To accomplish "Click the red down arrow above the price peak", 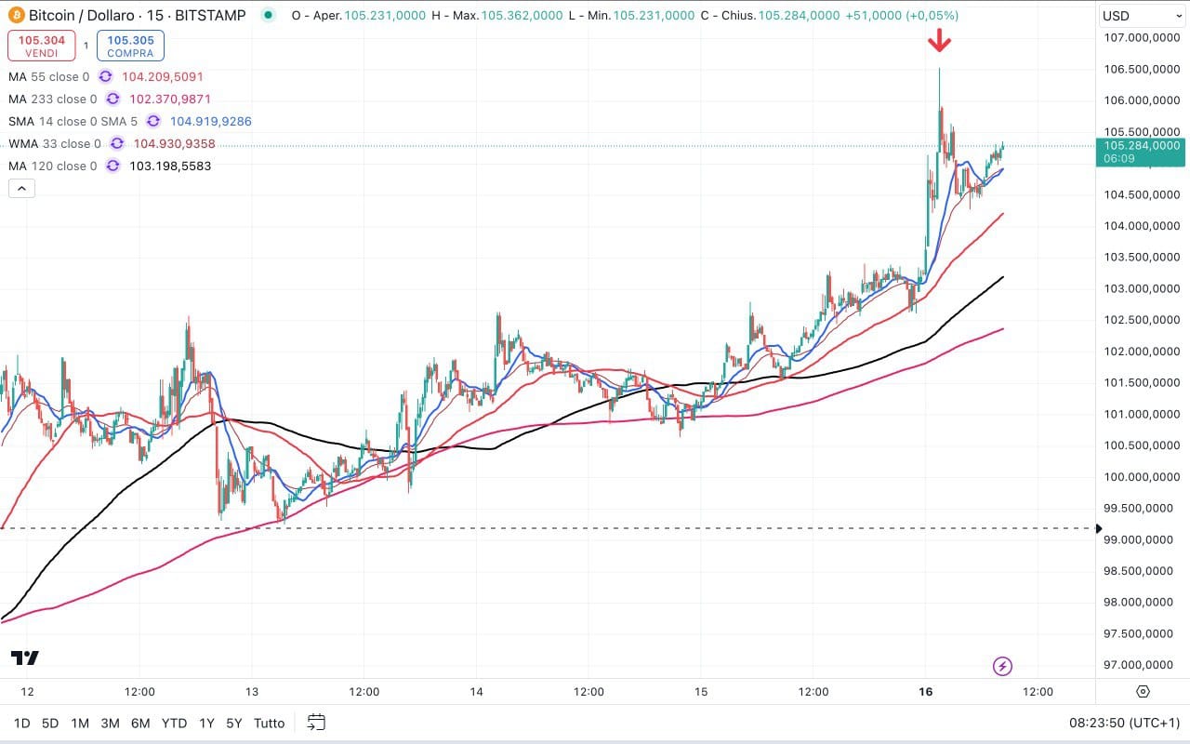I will point(939,39).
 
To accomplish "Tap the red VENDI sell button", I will point(41,46).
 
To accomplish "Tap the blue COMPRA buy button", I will point(129,46).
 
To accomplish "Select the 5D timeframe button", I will point(50,723).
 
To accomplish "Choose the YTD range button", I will point(174,723).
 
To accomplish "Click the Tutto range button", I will point(269,723).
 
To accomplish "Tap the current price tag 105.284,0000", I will point(1141,145).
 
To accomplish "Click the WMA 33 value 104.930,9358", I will point(175,144).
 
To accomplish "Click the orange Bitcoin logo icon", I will point(16,16).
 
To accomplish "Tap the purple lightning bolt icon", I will point(1002,666).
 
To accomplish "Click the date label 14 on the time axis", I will point(477,692).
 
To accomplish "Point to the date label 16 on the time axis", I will point(926,692).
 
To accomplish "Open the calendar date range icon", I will point(316,723).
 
